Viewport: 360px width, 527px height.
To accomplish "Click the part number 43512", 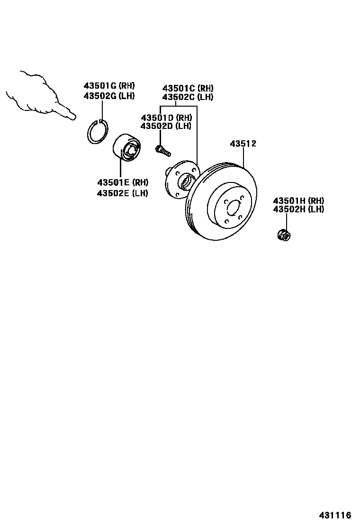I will tap(243, 144).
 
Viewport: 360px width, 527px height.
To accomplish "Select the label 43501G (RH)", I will tap(109, 86).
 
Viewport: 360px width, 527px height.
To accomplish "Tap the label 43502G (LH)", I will tap(109, 96).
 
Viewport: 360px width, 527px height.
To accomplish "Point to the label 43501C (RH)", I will tap(188, 88).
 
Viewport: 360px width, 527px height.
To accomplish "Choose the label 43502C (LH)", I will tap(188, 97).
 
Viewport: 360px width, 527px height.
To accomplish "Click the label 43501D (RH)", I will tap(166, 118).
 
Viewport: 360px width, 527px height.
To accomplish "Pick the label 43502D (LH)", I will tap(166, 126).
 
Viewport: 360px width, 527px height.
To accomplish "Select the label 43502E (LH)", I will tap(123, 193).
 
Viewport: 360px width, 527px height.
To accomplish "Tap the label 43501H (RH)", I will tap(298, 200).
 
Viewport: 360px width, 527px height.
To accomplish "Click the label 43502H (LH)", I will tap(298, 209).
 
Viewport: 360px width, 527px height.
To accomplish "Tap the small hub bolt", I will tap(162, 150).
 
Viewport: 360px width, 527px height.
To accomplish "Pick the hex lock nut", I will tap(284, 234).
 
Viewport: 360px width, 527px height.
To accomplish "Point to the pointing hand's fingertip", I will tap(73, 117).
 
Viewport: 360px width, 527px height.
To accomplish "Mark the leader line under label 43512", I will tap(243, 157).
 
